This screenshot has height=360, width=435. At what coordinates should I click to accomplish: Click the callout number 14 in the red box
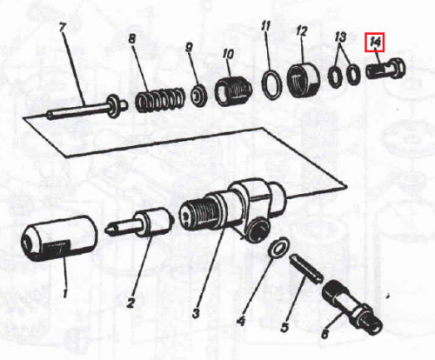[375, 43]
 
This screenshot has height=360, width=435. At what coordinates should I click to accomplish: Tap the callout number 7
[63, 28]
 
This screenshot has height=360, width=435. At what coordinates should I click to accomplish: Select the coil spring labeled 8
[160, 100]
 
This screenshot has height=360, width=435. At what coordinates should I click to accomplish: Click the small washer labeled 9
[198, 95]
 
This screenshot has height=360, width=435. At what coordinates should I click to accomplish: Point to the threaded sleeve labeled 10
[233, 91]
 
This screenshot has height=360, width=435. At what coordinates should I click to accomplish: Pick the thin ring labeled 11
[271, 84]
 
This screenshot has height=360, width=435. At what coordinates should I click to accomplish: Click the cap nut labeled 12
[304, 79]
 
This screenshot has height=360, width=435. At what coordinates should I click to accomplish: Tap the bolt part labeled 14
[385, 69]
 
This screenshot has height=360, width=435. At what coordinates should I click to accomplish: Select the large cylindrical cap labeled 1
[59, 238]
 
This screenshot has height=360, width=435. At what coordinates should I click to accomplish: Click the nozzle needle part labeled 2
[138, 223]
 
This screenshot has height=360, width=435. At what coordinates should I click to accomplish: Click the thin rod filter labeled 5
[306, 269]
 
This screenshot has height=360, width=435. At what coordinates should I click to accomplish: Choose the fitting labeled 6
[351, 307]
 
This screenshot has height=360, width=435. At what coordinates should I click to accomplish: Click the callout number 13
[340, 37]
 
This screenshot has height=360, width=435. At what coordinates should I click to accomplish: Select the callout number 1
[65, 293]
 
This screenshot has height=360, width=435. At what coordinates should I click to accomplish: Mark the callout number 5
[284, 327]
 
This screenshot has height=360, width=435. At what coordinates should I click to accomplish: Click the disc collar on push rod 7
[113, 106]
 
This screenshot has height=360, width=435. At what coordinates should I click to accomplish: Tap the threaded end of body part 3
[197, 214]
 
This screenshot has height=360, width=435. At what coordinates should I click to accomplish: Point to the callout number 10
[228, 54]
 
